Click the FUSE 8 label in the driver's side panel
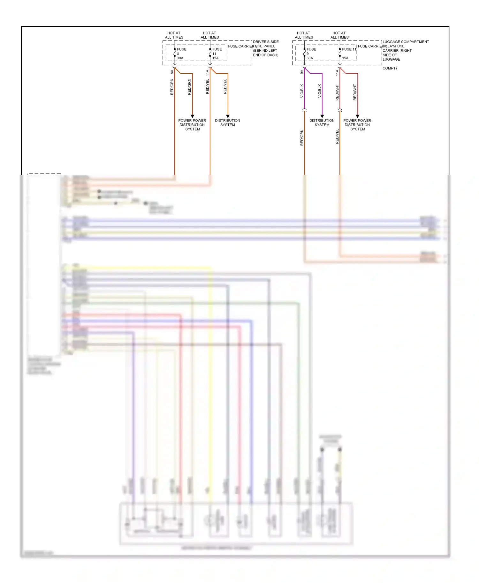click(181, 49)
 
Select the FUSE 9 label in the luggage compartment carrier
click(311, 49)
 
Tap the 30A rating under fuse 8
click(180, 58)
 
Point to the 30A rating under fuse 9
click(310, 58)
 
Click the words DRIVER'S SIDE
click(266, 42)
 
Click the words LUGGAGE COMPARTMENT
click(406, 42)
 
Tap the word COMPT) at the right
click(390, 68)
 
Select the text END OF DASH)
click(265, 55)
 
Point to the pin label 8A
click(172, 72)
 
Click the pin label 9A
click(302, 72)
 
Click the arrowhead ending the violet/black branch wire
click(322, 116)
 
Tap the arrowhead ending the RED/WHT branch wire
click(357, 116)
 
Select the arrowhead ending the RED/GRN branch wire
click(192, 116)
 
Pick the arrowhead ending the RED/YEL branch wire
click(228, 116)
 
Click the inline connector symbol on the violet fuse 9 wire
click(304, 110)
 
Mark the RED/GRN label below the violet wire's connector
click(302, 137)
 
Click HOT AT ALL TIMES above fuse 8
click(174, 35)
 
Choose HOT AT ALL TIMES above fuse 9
click(304, 35)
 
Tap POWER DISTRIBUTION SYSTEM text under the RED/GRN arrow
click(192, 125)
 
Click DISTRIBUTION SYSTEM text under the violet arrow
click(322, 122)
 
